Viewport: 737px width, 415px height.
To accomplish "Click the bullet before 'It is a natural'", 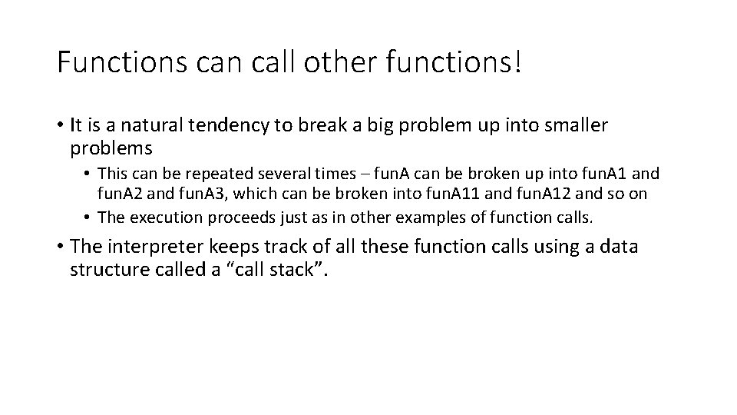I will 60,125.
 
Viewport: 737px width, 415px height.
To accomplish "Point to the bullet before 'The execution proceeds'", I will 89,217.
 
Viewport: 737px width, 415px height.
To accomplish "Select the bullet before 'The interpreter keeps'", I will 60,247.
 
